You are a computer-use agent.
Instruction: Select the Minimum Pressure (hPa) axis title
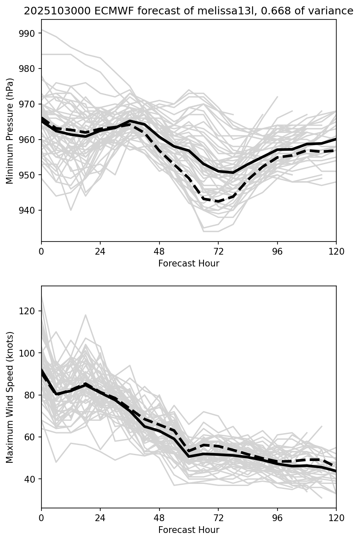click(x=10, y=131)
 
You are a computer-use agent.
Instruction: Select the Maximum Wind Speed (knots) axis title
click(x=10, y=397)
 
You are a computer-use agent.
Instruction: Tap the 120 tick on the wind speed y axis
click(x=30, y=311)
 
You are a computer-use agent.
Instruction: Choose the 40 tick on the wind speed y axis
click(x=33, y=479)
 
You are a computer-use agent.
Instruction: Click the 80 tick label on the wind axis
click(x=33, y=395)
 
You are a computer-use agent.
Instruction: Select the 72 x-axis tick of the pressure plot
click(x=218, y=251)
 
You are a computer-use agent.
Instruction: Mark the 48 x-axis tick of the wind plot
click(x=159, y=517)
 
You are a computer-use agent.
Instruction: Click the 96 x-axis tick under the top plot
click(x=278, y=251)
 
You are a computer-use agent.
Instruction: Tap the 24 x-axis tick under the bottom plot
click(x=100, y=517)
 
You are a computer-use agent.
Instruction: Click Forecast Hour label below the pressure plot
click(x=189, y=264)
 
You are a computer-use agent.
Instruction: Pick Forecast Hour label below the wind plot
click(x=189, y=530)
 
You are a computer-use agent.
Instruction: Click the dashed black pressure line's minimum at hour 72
click(x=218, y=201)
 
